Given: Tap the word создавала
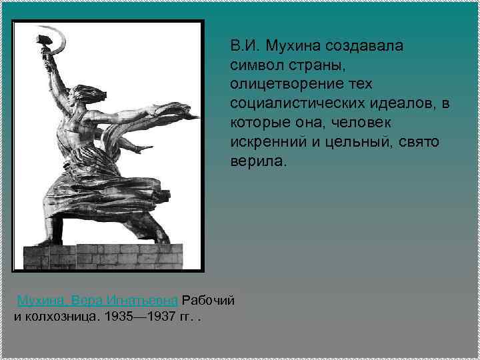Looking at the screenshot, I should (x=361, y=46).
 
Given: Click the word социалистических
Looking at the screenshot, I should (x=293, y=104).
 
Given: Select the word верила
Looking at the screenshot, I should (x=256, y=162).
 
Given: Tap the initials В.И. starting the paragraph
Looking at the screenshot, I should (x=243, y=46).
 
